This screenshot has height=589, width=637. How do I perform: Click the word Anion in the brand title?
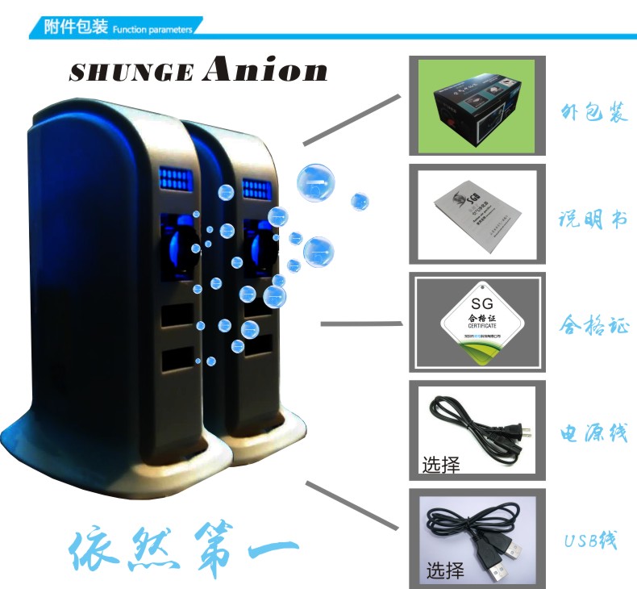click(265, 70)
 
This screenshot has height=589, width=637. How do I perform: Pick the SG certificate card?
click(478, 324)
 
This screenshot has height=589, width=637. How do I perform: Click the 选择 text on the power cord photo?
click(441, 465)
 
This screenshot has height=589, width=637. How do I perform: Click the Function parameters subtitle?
click(152, 30)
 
